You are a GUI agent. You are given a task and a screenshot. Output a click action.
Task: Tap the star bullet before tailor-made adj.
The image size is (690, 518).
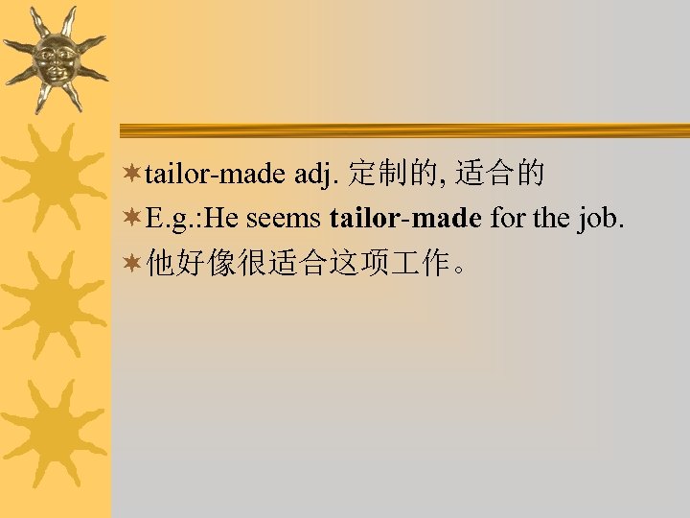[134, 174]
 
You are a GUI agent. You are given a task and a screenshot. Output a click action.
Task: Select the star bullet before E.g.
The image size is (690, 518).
[134, 220]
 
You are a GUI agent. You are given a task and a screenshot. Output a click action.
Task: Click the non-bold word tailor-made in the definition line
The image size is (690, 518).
[216, 174]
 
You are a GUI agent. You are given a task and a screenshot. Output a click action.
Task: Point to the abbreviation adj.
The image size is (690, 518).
[317, 175]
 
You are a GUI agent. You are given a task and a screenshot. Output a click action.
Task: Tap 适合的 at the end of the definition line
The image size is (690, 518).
[500, 174]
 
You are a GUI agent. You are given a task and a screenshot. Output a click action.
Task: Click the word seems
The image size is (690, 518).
[284, 220]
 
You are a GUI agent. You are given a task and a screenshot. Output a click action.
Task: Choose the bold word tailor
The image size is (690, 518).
[362, 219]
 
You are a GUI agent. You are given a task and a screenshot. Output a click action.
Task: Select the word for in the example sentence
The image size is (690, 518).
[507, 219]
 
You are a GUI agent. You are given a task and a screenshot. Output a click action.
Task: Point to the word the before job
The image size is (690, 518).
[551, 219]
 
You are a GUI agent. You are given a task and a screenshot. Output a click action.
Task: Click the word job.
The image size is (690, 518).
[601, 220]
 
